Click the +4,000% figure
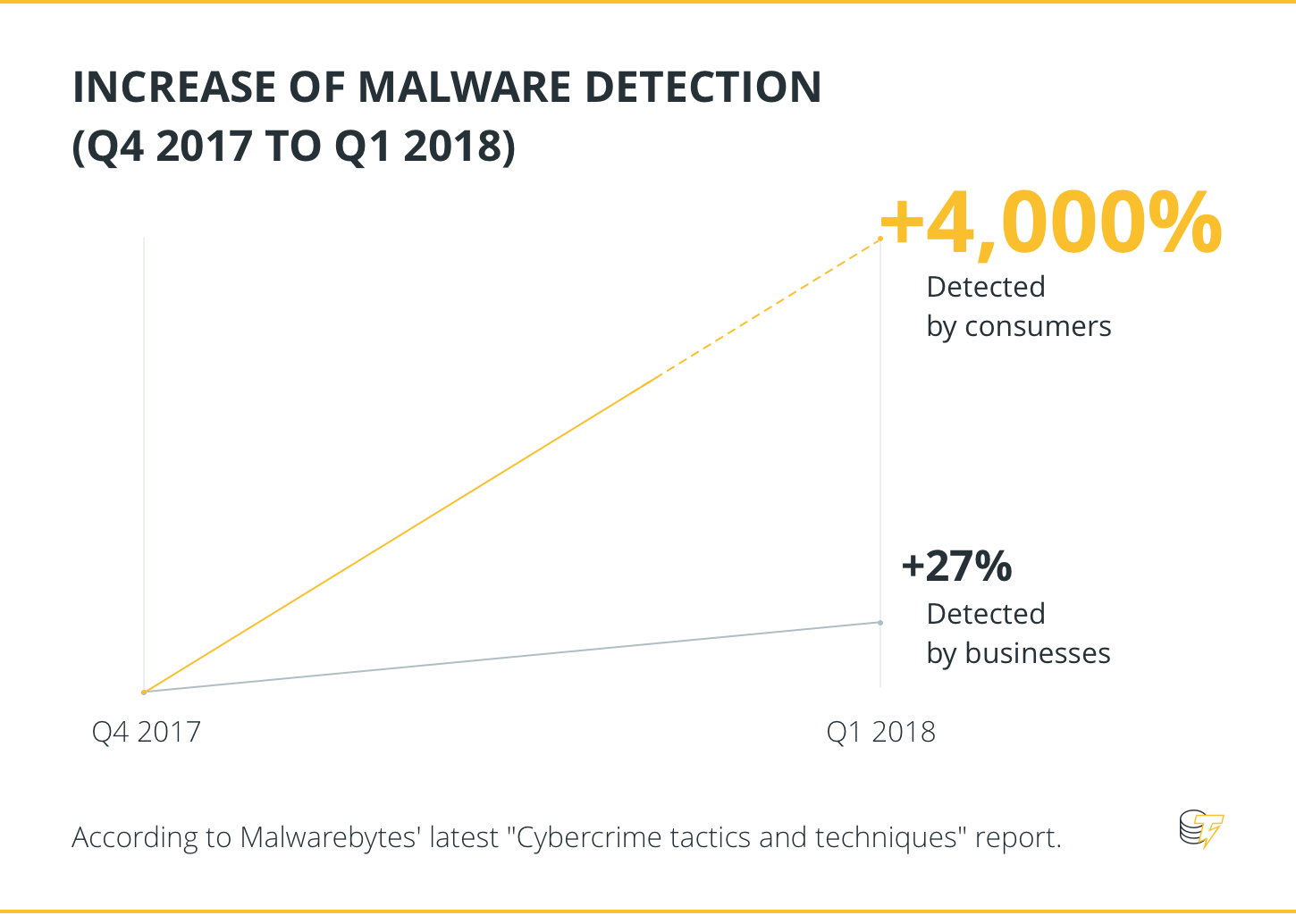point(1051,223)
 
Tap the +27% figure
point(956,566)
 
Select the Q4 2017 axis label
point(147,732)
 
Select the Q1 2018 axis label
point(880,732)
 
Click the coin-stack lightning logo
point(1200,829)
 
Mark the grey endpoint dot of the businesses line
point(880,623)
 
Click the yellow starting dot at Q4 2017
point(144,693)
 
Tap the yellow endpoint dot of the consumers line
point(880,239)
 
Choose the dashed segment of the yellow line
point(770,307)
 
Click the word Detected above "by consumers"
point(986,287)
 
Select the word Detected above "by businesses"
point(986,614)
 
